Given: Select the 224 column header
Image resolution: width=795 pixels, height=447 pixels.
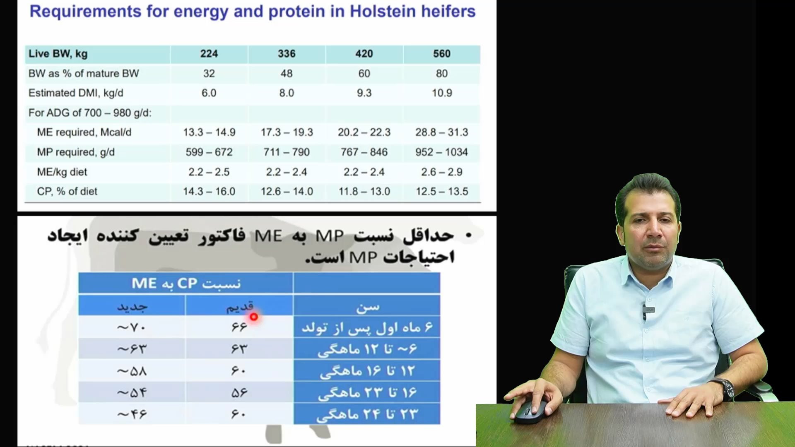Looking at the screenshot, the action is (209, 54).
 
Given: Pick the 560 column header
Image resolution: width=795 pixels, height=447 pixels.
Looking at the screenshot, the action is (442, 54).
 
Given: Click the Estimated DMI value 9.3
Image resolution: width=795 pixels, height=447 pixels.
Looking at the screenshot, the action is (364, 93).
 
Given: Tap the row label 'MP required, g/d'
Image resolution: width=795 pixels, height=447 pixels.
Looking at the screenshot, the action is (76, 152).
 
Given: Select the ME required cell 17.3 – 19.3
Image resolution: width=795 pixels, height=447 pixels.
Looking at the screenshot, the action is (287, 132).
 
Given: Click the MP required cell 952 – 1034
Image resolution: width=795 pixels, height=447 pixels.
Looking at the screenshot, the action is (442, 152).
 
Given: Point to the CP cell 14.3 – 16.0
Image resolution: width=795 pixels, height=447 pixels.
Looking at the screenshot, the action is (209, 192).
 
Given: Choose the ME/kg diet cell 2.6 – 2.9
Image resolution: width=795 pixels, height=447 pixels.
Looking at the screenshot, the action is (442, 172).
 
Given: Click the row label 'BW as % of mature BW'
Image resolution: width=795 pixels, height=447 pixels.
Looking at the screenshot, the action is (84, 74).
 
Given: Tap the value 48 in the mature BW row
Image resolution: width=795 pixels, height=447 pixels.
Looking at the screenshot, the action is (287, 74).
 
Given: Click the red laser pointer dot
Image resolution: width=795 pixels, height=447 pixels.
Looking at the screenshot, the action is (254, 317).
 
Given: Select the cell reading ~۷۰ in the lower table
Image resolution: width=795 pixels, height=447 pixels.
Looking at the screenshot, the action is (132, 328).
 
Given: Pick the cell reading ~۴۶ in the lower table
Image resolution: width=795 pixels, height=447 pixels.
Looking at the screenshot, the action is (132, 414).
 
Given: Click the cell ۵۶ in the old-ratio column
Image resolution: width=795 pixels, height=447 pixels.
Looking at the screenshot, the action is (239, 392).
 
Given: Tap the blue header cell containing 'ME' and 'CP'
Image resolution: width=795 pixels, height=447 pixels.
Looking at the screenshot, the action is (186, 284).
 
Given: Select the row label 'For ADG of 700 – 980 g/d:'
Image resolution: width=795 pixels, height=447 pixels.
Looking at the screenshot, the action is (90, 113).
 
